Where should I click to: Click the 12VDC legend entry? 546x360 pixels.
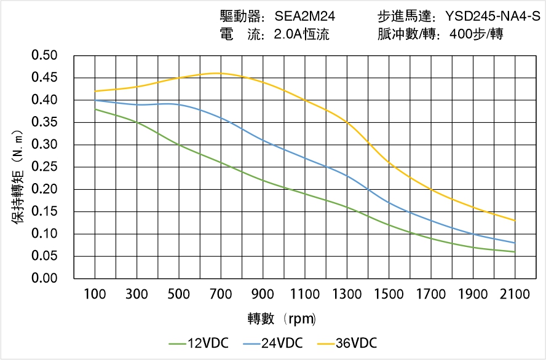tap(198, 343)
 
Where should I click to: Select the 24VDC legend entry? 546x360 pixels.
tap(272, 343)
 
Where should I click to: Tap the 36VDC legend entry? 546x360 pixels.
tap(347, 343)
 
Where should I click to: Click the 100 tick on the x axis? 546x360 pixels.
tap(95, 295)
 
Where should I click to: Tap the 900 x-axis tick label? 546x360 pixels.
tap(263, 295)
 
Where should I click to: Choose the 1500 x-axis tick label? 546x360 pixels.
tap(389, 295)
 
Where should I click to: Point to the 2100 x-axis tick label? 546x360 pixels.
tap(515, 295)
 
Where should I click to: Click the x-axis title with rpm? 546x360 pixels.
tap(282, 319)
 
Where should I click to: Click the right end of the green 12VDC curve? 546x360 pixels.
tap(515, 252)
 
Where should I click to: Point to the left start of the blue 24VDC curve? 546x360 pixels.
tap(95, 100)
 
